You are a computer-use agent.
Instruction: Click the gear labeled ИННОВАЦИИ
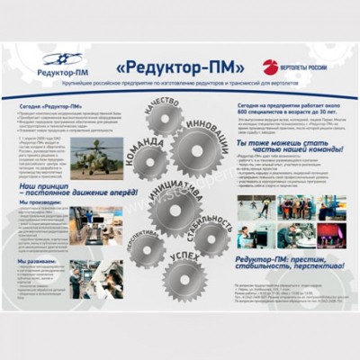[x=200, y=148]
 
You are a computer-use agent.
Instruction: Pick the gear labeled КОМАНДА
[x=148, y=162]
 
